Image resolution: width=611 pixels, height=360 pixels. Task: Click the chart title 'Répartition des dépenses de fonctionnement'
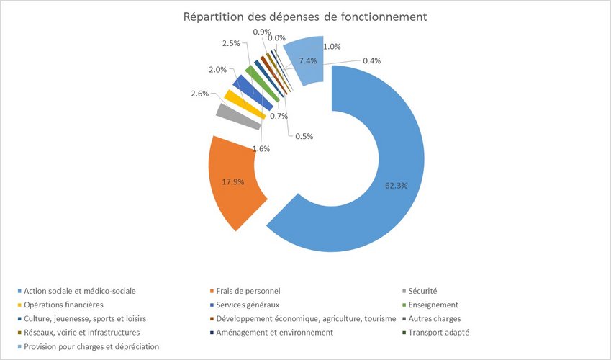pyautogui.click(x=306, y=16)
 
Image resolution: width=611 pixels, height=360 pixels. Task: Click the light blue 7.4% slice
pyautogui.click(x=302, y=62)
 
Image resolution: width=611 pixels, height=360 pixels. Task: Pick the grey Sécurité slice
pyautogui.click(x=229, y=116)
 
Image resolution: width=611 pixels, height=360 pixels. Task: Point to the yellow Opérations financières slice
pyautogui.click(x=236, y=102)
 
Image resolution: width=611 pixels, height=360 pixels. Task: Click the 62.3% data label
pyautogui.click(x=397, y=185)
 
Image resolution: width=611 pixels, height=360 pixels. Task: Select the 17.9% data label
pyautogui.click(x=232, y=182)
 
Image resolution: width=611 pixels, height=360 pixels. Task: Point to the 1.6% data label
pyautogui.click(x=261, y=148)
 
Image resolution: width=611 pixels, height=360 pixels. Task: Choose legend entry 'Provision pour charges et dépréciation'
pyautogui.click(x=91, y=346)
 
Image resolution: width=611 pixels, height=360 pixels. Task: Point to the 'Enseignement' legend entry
pyautogui.click(x=433, y=305)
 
